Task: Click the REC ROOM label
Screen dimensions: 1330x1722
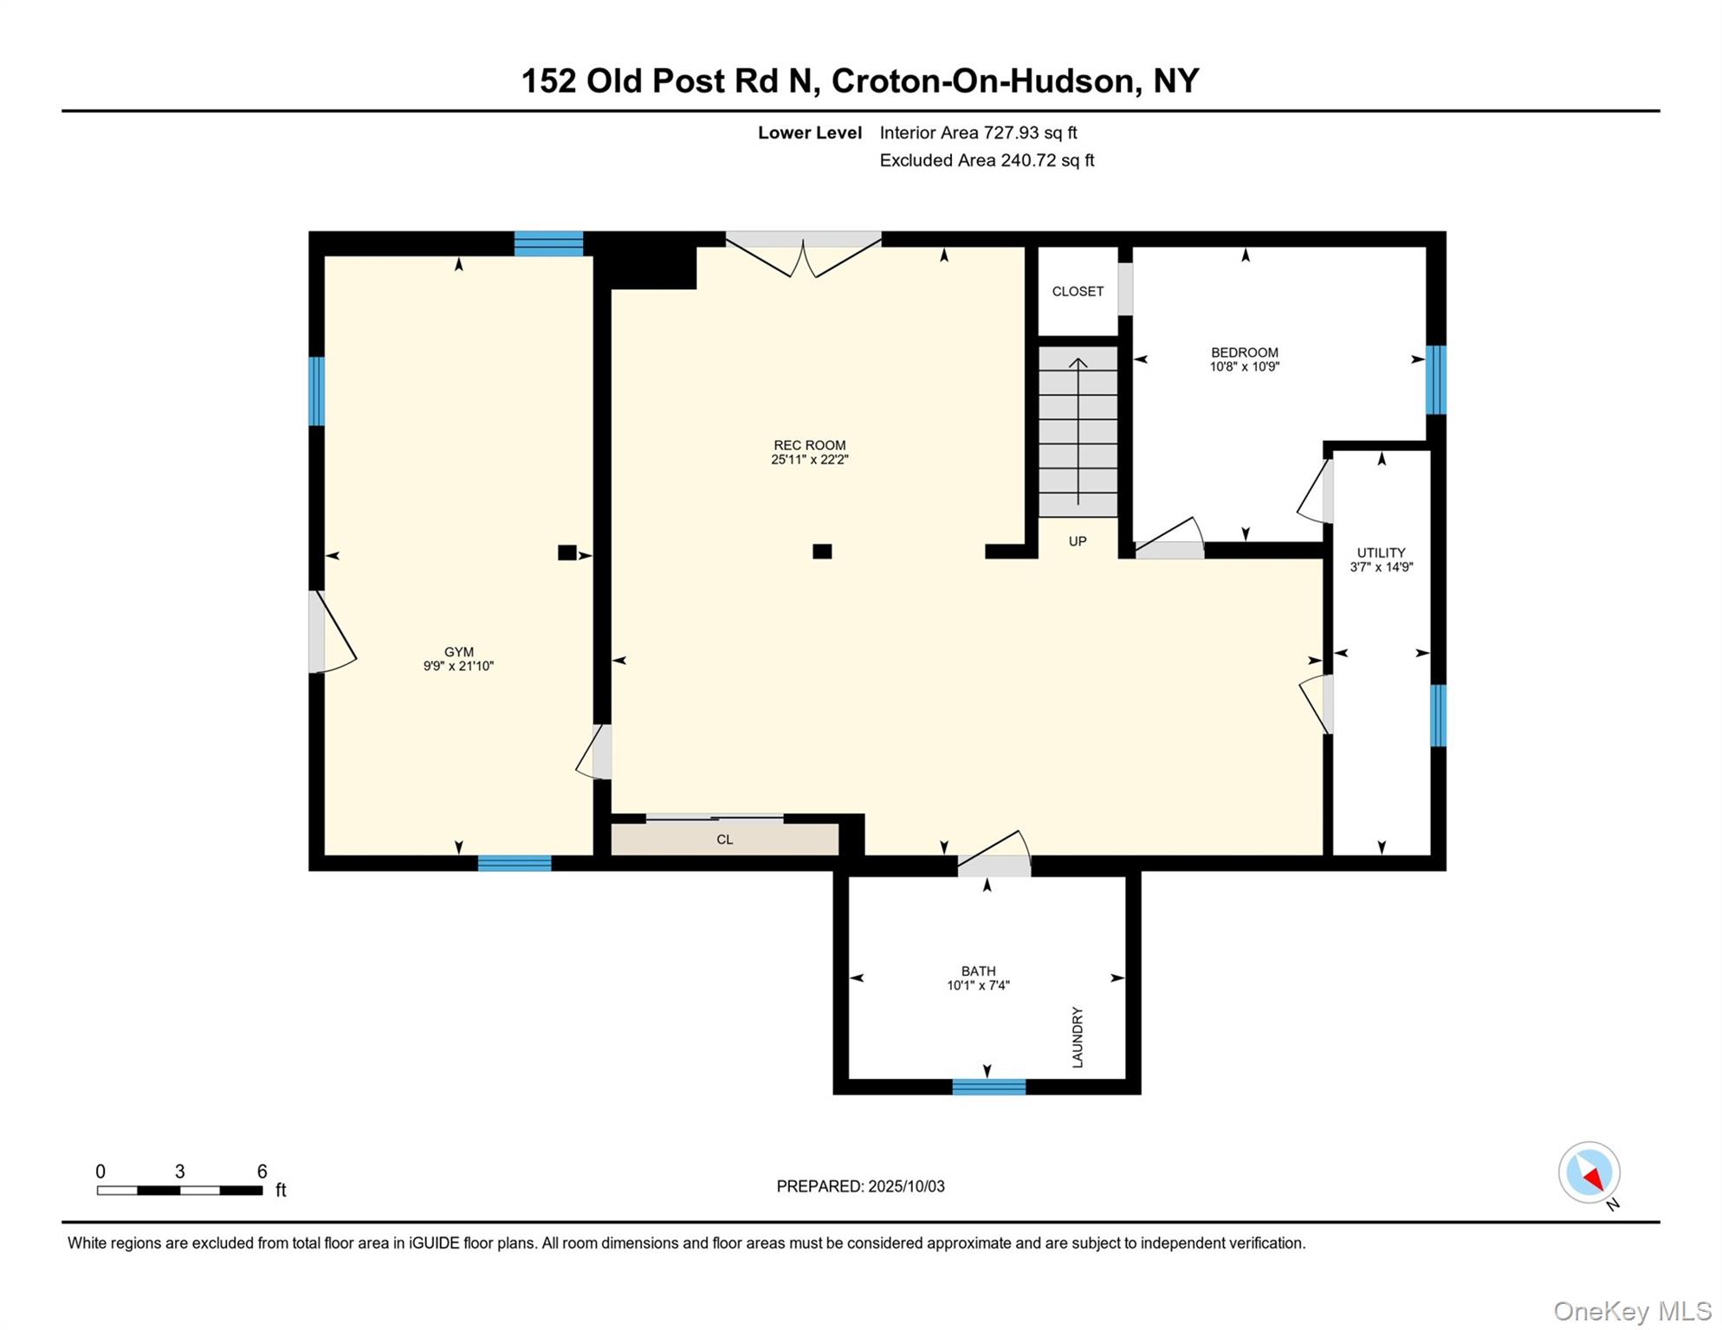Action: tap(809, 445)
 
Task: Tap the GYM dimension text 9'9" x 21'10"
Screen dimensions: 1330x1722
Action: tap(458, 666)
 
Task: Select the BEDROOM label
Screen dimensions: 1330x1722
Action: tap(1244, 352)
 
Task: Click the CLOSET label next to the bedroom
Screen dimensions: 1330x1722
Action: tap(1078, 292)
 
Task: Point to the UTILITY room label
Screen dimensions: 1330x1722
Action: tap(1381, 552)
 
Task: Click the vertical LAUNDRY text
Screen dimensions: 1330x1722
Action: tap(1078, 1036)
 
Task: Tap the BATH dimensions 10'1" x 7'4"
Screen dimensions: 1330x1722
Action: tap(978, 985)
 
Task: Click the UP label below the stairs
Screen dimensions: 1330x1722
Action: tap(1077, 541)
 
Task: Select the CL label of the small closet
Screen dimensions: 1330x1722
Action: tap(724, 839)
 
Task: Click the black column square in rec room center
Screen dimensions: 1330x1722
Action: tap(822, 552)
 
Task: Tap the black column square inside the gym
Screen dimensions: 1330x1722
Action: tap(566, 552)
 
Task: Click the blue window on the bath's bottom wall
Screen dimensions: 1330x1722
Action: tap(988, 1087)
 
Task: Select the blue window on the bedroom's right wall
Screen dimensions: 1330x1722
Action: tap(1435, 379)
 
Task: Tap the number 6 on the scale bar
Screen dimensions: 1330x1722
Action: tap(262, 1172)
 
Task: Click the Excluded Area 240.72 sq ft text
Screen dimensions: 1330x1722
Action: tap(987, 160)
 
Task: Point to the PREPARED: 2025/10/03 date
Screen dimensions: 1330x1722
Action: tap(860, 1186)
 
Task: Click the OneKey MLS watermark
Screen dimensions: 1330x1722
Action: tap(1631, 1311)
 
